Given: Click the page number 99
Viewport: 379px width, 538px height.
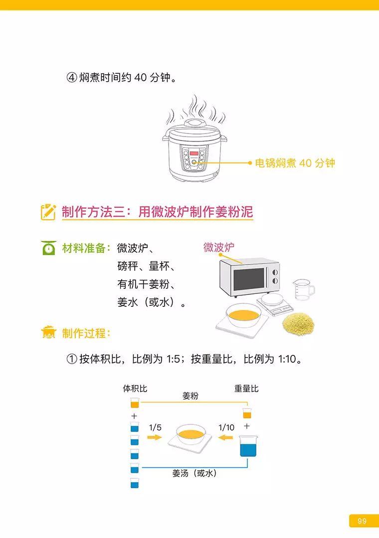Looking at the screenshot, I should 362,521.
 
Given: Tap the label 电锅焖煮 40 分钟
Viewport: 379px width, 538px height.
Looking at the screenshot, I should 295,163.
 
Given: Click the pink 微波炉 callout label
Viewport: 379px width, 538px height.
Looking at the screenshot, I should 218,247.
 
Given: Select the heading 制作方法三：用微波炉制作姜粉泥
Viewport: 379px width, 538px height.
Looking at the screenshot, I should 157,212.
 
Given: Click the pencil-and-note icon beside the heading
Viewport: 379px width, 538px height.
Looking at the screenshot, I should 48,212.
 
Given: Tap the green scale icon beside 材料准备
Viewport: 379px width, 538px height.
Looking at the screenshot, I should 48,248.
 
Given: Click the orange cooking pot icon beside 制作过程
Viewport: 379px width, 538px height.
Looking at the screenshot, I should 48,333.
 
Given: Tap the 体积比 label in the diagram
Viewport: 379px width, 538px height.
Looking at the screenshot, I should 135,389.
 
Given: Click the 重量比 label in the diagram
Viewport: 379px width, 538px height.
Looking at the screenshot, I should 246,389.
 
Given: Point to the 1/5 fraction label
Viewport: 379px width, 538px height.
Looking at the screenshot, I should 155,427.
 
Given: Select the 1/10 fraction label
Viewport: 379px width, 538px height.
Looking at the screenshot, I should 226,427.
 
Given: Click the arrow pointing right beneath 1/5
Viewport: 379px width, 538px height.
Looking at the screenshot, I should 155,437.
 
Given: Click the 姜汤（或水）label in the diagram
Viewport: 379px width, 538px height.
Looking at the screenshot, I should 194,473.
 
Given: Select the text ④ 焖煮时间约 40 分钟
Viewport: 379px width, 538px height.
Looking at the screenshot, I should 122,78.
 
